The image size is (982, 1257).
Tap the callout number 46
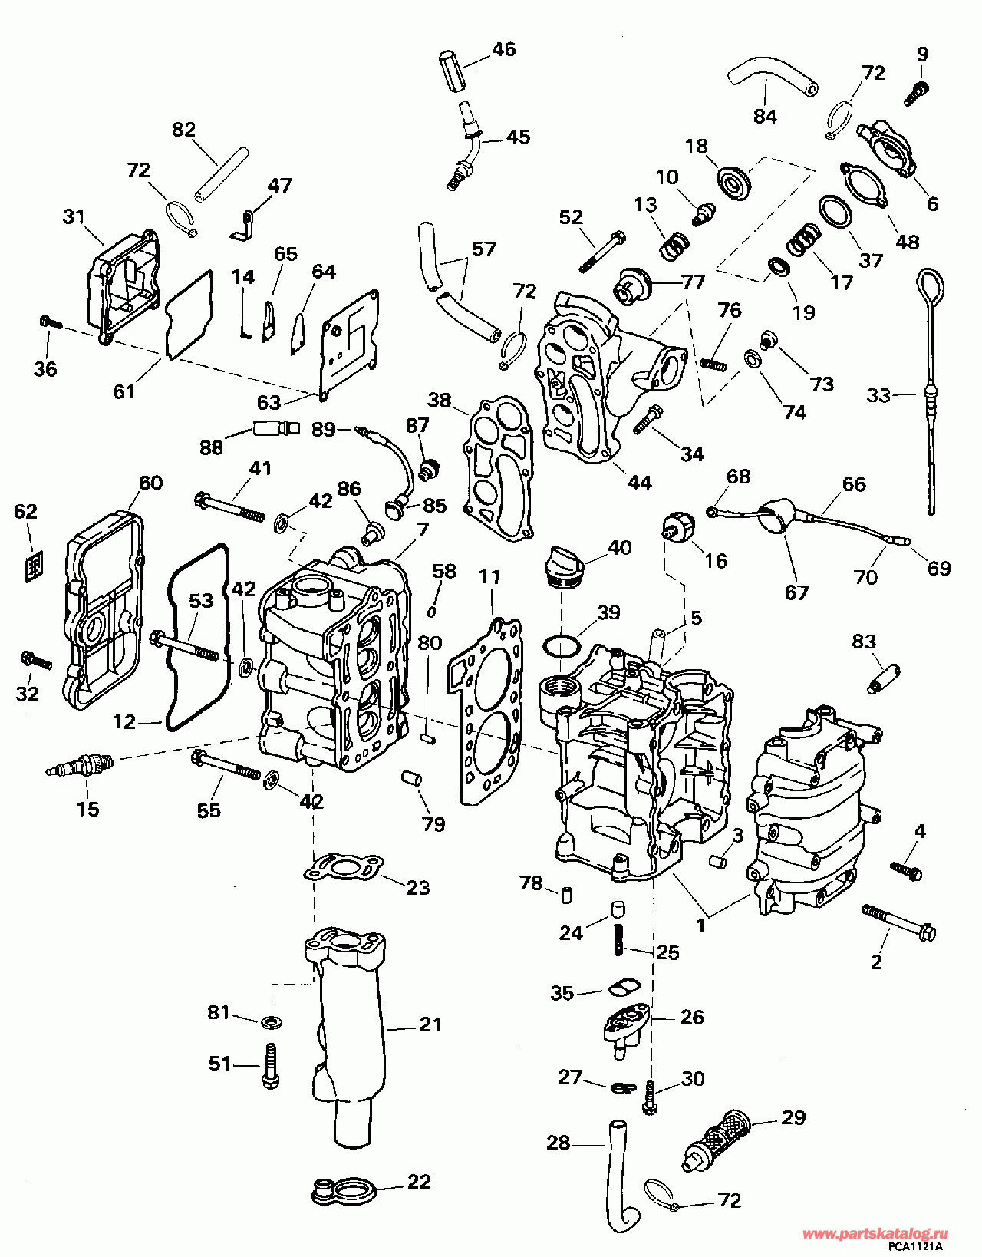503,50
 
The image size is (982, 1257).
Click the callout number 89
324,429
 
